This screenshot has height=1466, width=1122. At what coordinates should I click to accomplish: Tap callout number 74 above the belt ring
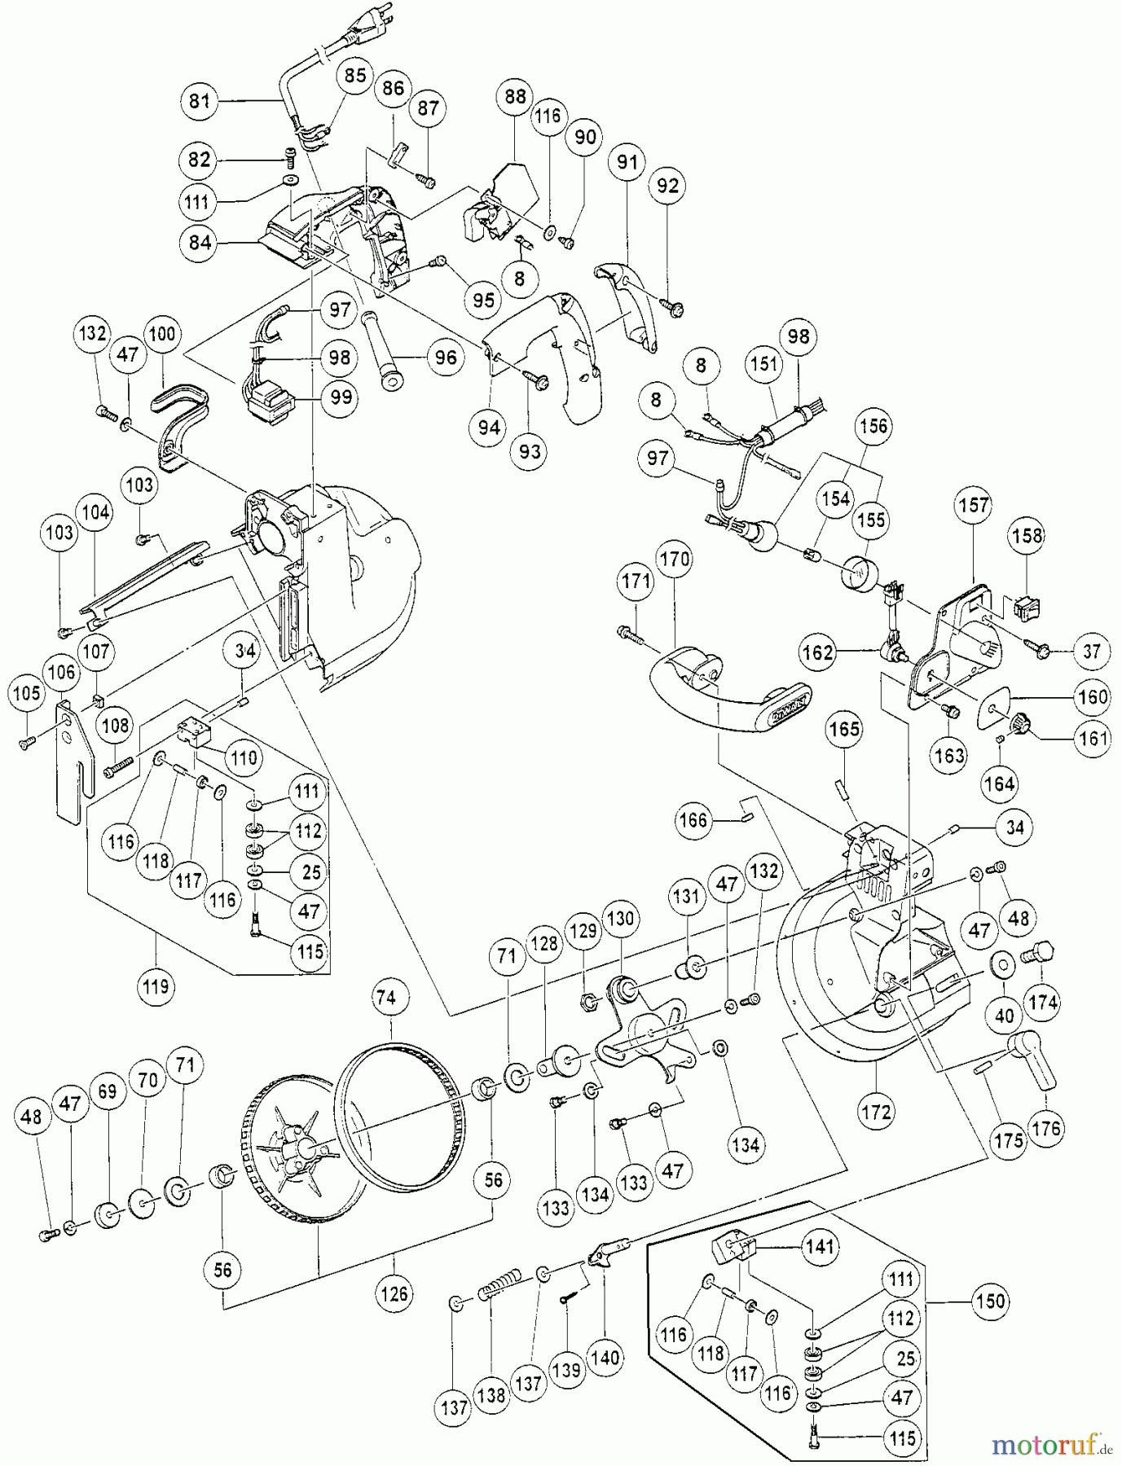click(x=387, y=998)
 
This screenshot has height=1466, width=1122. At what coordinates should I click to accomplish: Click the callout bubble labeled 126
click(x=394, y=1293)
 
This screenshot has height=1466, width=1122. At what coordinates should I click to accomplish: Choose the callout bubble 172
click(x=877, y=1112)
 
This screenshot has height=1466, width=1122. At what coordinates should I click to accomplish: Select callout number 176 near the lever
click(x=1046, y=1128)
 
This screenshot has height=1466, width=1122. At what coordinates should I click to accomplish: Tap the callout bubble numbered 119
click(x=156, y=986)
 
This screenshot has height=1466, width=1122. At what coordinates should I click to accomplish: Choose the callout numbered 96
click(x=445, y=357)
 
